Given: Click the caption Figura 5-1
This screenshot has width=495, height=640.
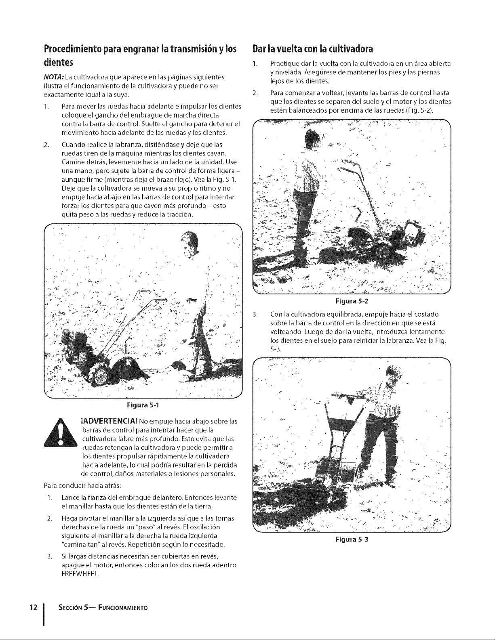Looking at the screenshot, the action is click(143, 405).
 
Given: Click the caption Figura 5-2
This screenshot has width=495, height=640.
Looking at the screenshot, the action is click(352, 301).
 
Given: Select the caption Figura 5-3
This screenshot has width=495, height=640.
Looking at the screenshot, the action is click(352, 539).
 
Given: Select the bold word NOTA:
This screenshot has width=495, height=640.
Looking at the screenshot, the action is click(54, 77).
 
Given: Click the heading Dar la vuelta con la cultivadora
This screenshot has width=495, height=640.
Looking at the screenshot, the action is click(313, 49).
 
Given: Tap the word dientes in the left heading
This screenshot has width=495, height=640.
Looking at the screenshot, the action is click(58, 62).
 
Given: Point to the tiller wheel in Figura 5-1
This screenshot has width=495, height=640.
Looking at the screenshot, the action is click(99, 376).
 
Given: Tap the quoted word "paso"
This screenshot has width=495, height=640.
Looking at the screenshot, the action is click(142, 527).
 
